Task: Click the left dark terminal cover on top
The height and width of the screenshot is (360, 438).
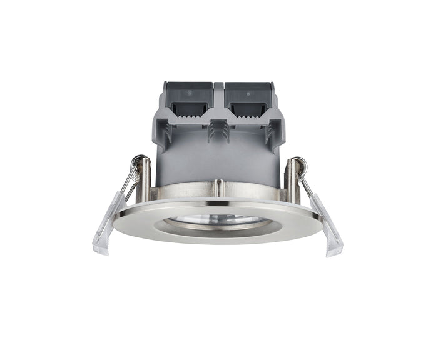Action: coord(187,94)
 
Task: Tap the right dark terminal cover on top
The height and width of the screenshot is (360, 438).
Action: coord(249,94)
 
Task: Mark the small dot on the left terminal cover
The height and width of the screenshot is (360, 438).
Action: coord(189,92)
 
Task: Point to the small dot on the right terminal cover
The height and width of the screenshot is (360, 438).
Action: coord(247,92)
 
